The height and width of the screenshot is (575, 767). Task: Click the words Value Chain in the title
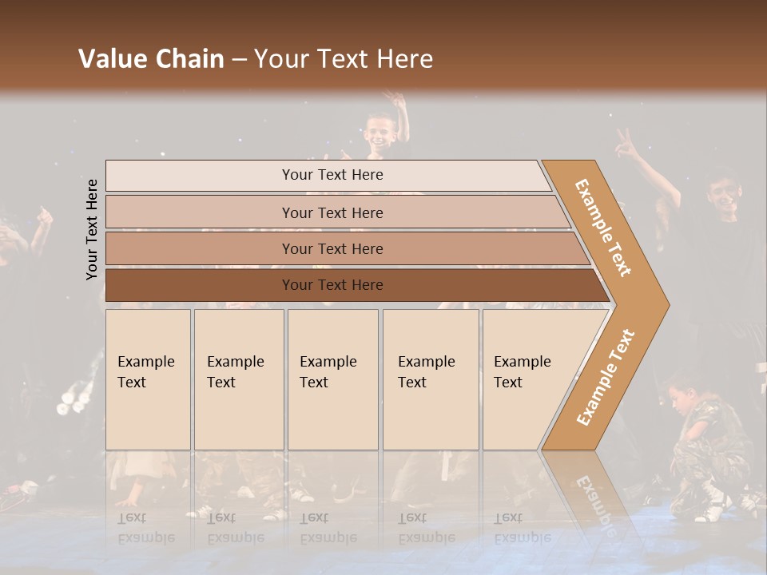[151, 59]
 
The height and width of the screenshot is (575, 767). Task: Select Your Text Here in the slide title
[344, 59]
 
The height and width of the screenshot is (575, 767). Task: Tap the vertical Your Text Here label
[93, 229]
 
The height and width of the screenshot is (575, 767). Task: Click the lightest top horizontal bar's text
[332, 175]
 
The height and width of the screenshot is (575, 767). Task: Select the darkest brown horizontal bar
[352, 285]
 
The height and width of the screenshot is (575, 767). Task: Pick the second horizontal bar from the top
[332, 212]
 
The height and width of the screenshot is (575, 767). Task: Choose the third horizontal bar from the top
[332, 248]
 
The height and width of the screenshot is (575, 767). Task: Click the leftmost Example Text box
[148, 379]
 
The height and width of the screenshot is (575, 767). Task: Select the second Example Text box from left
[238, 379]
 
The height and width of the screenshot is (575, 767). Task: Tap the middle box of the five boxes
[332, 379]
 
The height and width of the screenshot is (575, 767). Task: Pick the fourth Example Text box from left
[430, 379]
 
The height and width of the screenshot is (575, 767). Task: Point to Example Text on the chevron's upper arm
[604, 228]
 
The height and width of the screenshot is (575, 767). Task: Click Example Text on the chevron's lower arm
[606, 377]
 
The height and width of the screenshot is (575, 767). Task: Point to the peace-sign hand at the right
[624, 145]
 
